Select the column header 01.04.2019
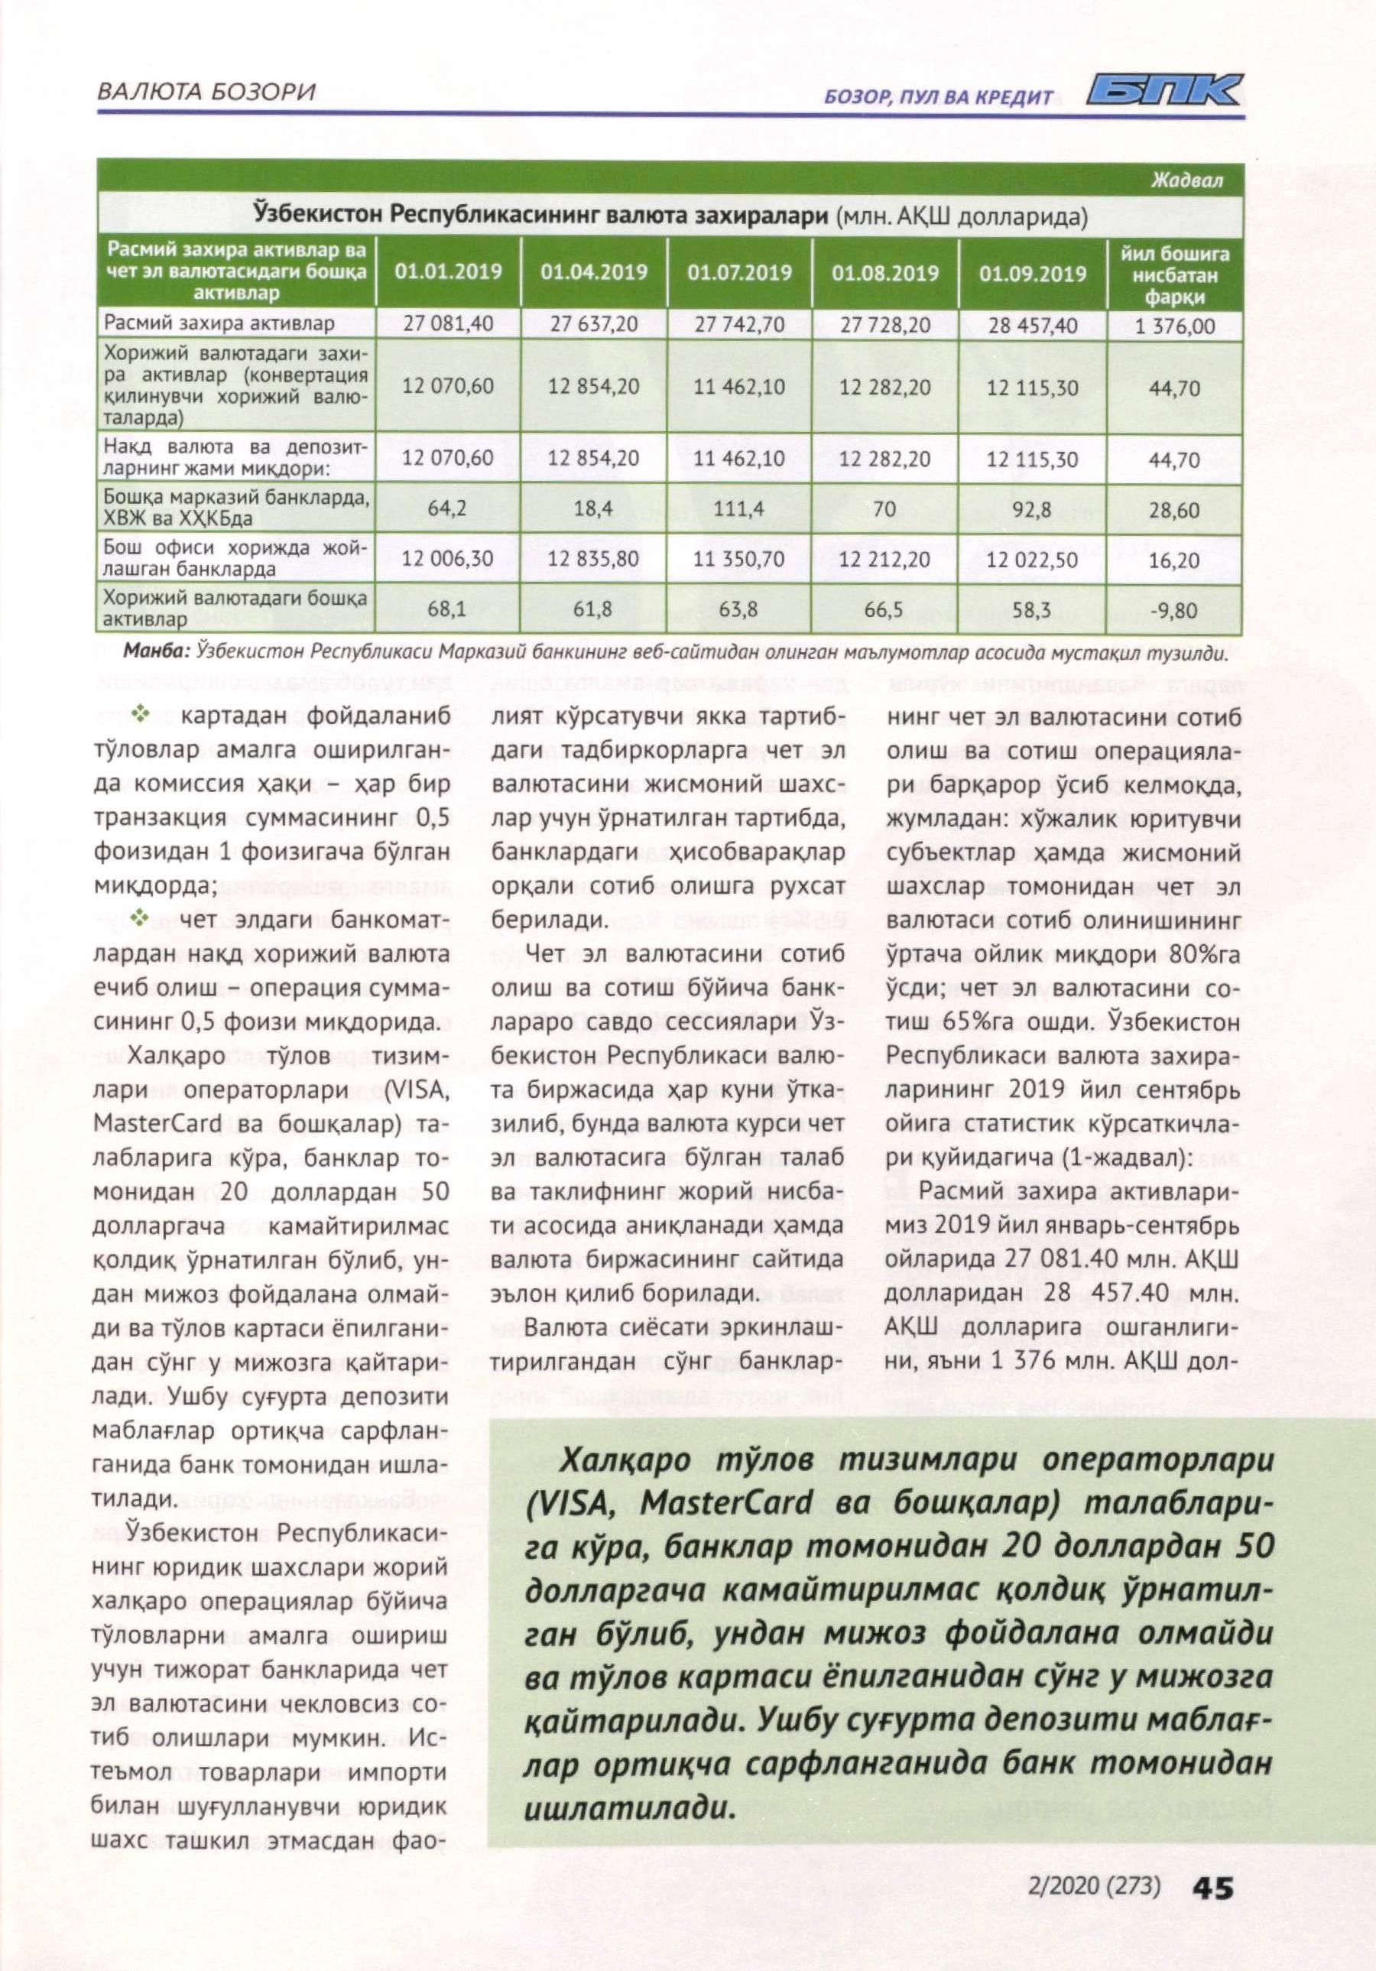[594, 273]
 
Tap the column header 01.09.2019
[1032, 274]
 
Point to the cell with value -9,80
[1175, 610]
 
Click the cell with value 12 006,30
[447, 559]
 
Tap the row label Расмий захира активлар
[219, 324]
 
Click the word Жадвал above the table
[1188, 181]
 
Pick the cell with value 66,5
[884, 610]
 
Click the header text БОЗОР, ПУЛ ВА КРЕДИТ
[938, 97]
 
